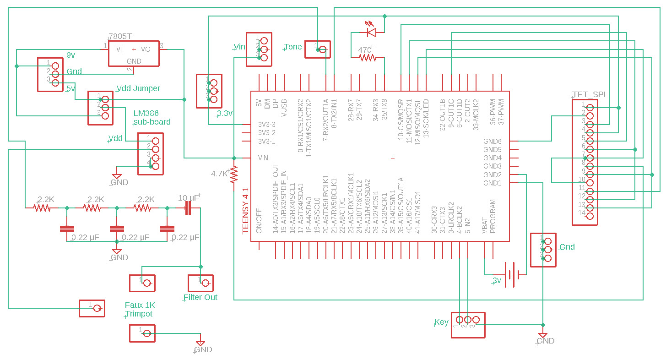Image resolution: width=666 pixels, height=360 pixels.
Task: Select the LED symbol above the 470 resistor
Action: (371, 32)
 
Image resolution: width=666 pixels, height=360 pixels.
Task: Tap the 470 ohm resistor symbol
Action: (367, 58)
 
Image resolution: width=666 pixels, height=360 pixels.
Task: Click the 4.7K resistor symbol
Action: (234, 175)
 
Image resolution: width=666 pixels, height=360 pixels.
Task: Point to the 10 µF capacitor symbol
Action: (188, 208)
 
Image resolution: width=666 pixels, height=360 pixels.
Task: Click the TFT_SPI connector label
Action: (589, 94)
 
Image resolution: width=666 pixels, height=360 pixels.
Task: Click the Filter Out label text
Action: (200, 297)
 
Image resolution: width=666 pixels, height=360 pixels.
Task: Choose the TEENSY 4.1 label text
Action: (246, 211)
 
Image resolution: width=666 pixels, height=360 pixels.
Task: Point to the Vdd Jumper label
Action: (138, 88)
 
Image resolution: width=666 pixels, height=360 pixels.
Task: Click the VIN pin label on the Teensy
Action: (263, 158)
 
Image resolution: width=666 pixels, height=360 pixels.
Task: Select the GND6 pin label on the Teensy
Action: (493, 142)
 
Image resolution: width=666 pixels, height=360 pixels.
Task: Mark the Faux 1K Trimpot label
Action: (140, 310)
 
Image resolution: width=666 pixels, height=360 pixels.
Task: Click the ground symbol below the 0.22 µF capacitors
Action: (117, 251)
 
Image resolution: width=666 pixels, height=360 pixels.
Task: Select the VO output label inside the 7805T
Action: (146, 49)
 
